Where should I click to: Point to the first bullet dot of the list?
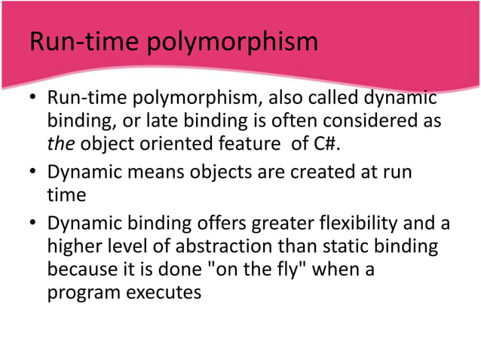pos(32,100)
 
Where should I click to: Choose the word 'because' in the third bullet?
pos(83,267)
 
